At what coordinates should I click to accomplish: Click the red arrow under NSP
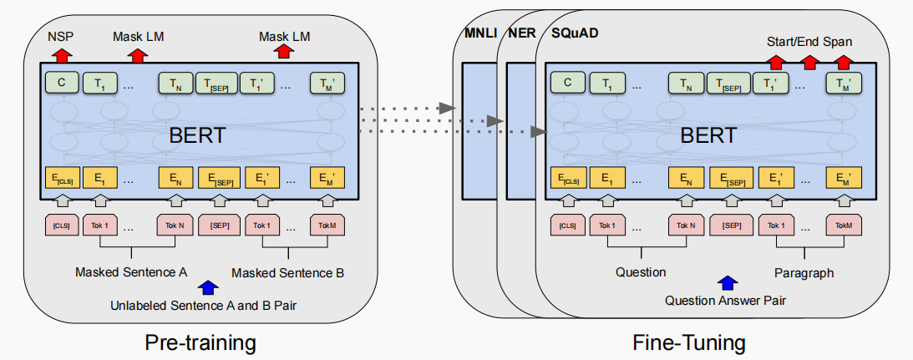(x=61, y=55)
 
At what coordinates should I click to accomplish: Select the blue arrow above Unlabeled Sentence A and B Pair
(x=208, y=287)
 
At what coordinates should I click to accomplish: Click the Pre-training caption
(x=200, y=342)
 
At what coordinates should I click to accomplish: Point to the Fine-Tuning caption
(x=688, y=342)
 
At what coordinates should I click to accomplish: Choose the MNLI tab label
(x=479, y=33)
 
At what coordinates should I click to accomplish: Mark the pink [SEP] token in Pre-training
(x=220, y=225)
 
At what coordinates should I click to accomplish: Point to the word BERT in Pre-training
(x=196, y=135)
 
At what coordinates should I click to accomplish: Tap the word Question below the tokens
(x=641, y=271)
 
